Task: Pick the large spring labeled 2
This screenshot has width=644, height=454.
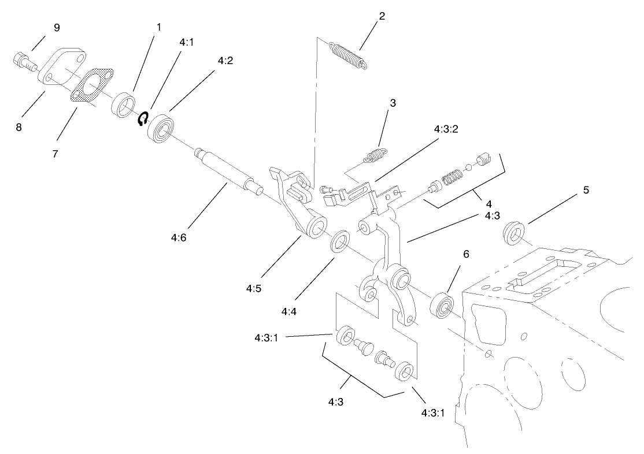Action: (348, 56)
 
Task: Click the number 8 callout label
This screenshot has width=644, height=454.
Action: (19, 126)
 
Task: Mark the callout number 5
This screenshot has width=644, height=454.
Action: (586, 189)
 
